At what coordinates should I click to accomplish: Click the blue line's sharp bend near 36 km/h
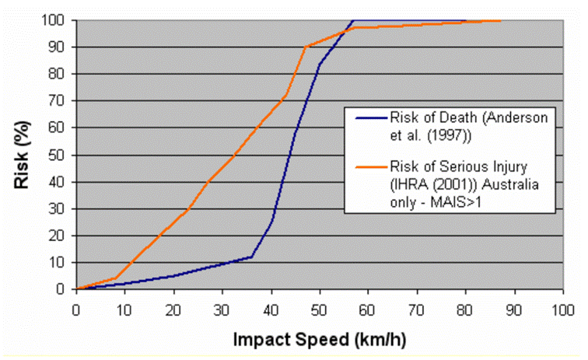252,257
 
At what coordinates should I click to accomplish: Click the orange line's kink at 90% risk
306,47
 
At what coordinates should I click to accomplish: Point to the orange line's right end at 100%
500,20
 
